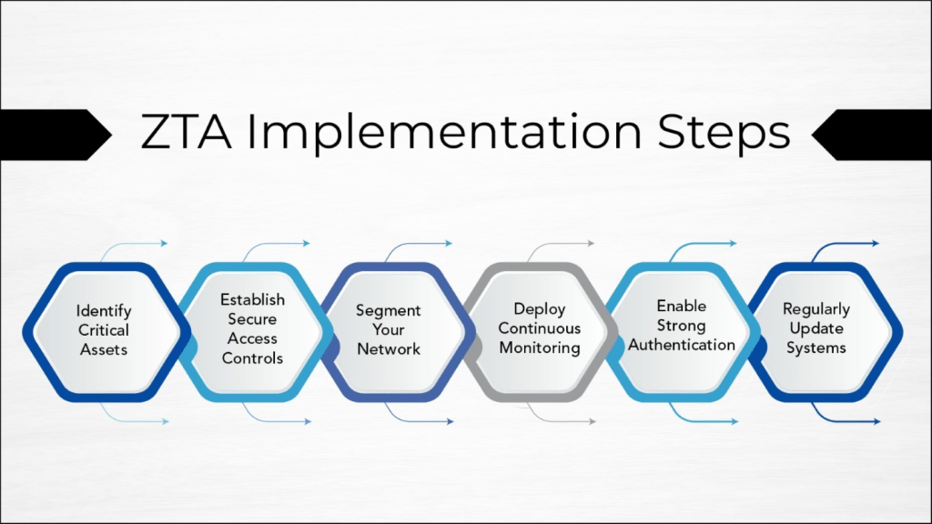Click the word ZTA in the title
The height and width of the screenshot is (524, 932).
point(186,131)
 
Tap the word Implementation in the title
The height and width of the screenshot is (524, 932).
point(444,133)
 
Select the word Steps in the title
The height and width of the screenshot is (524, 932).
point(724,133)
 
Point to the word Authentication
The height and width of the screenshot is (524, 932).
point(682,345)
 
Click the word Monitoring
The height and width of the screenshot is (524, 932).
point(540,348)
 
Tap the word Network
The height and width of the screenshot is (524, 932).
point(389,349)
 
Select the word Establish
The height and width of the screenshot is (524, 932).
point(253,299)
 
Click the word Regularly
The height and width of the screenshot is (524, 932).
point(816,309)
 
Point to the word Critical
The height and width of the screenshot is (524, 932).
point(104,330)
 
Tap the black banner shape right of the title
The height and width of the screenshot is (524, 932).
point(874,135)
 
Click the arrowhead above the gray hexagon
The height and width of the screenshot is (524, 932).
point(591,243)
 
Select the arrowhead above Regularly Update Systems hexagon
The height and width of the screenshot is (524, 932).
point(876,243)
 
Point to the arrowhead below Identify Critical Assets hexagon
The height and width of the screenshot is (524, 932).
point(166,422)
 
